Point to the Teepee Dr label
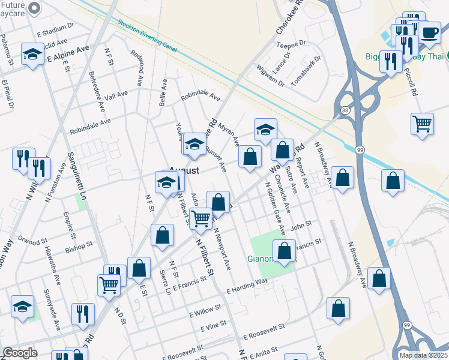pos(292,43)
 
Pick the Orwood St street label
pos(32,243)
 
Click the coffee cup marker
pos(429,32)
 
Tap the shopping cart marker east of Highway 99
pos(423,125)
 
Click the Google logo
pos(20,353)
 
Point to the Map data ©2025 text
pos(423,355)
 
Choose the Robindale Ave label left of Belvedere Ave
pos(90,125)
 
